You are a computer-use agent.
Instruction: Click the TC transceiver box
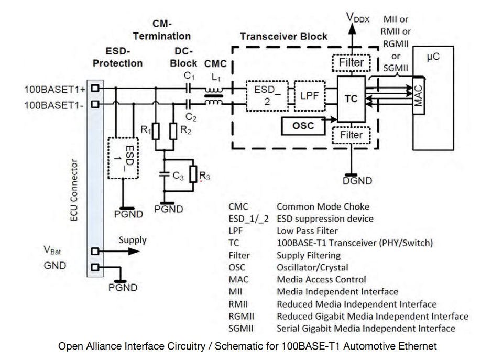pyautogui.click(x=351, y=99)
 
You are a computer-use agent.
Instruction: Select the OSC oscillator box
pyautogui.click(x=303, y=125)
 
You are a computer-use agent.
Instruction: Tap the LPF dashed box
pyautogui.click(x=310, y=96)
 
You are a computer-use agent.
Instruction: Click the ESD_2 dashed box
pyautogui.click(x=267, y=95)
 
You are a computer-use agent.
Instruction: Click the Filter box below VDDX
pyautogui.click(x=351, y=62)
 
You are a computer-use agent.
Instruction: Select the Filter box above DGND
pyautogui.click(x=351, y=135)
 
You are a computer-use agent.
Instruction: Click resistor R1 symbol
pyautogui.click(x=156, y=132)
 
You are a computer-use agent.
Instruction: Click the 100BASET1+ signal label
pyautogui.click(x=54, y=89)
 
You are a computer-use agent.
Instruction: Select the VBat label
pyautogui.click(x=52, y=250)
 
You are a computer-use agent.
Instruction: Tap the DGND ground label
pyautogui.click(x=357, y=181)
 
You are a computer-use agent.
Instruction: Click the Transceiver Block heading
pyautogui.click(x=283, y=37)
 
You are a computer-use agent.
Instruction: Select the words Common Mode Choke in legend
pyautogui.click(x=323, y=206)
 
